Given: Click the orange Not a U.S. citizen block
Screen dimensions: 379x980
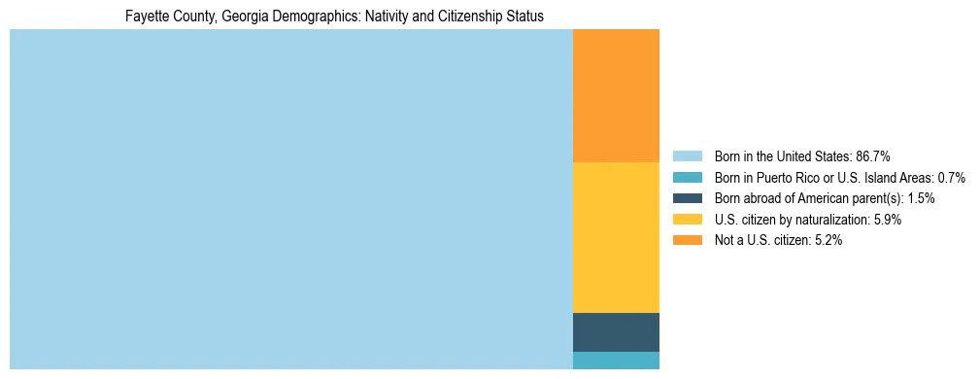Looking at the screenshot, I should click(616, 96).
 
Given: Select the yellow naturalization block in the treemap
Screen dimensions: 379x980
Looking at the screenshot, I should click(616, 237).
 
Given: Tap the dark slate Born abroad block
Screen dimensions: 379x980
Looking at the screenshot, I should click(616, 331).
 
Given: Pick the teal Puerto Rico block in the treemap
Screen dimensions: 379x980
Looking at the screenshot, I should click(616, 361).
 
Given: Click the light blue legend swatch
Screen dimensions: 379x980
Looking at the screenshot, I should click(687, 156).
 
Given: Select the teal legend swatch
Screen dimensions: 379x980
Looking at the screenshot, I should click(687, 178).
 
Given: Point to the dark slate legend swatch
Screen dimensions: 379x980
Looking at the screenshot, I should click(687, 198).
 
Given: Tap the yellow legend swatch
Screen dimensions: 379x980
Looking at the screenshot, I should click(687, 220).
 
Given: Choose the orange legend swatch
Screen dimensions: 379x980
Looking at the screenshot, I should click(687, 240).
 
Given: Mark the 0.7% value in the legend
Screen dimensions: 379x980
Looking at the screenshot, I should click(951, 178).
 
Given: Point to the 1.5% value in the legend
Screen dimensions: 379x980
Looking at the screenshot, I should click(921, 198).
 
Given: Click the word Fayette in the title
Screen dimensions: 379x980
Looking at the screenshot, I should click(146, 17).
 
